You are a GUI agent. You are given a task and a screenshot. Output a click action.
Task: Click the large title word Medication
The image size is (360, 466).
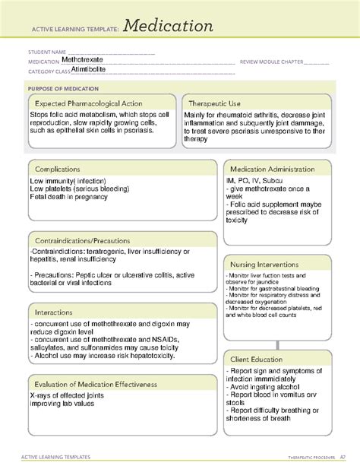tap(169, 27)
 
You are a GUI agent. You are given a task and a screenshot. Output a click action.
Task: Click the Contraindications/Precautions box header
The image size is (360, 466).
tap(86, 240)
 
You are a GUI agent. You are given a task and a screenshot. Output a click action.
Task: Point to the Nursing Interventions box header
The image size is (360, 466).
tap(267, 263)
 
